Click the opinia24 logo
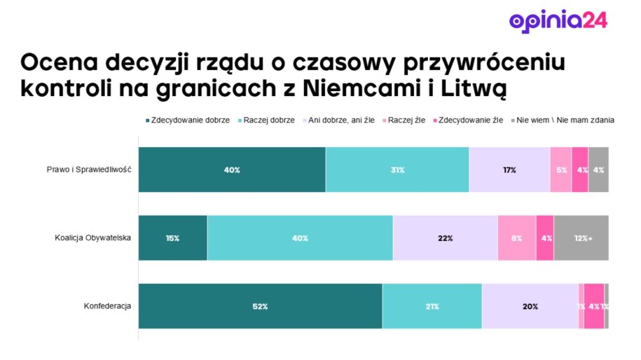558,20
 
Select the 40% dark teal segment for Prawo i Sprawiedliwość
232,169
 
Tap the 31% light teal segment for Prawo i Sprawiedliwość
397,169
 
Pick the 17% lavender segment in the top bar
509,169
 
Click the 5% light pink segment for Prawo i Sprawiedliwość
560,169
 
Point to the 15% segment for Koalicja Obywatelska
172,238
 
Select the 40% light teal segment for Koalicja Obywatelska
300,238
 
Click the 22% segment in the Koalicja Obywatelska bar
445,238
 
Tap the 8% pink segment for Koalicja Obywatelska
516,238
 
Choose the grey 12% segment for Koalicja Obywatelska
581,238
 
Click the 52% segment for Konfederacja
260,306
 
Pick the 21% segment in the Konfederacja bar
432,306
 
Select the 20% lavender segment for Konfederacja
530,306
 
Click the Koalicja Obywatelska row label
93,238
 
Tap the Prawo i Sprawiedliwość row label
89,169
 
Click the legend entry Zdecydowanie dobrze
187,120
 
